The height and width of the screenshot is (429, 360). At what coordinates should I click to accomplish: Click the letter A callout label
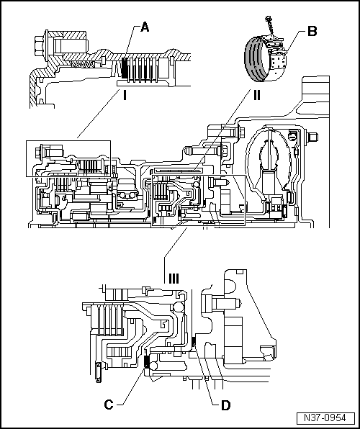pyautogui.click(x=145, y=27)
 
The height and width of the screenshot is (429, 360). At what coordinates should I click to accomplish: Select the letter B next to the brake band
pyautogui.click(x=312, y=32)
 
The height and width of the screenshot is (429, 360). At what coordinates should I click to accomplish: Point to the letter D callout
pyautogui.click(x=225, y=405)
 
